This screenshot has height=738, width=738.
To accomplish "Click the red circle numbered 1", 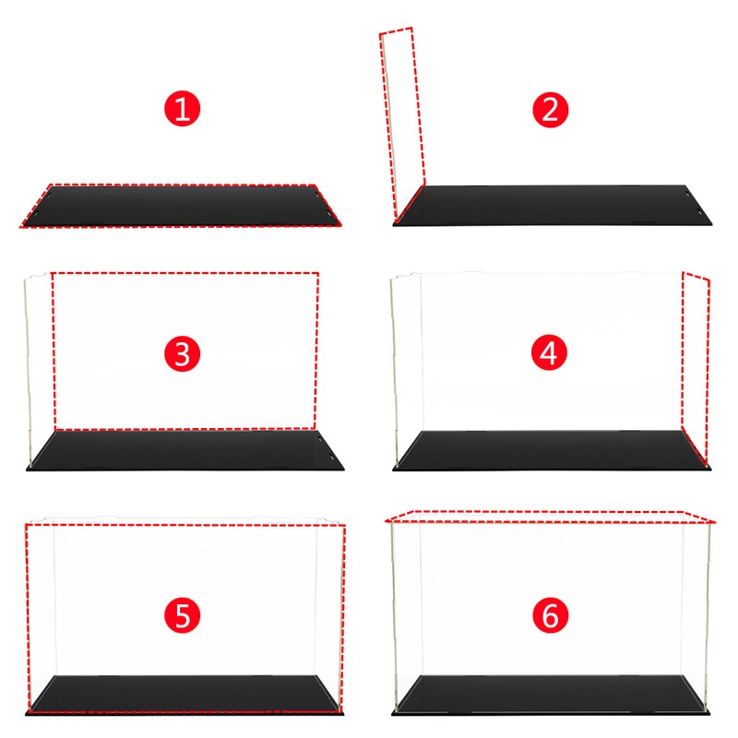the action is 182,109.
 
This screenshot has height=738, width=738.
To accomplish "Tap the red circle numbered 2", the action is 550,110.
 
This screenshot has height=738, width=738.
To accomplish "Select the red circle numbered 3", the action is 182,354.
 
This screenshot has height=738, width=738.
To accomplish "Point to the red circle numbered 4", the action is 549,353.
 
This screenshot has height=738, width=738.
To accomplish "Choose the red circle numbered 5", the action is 182,615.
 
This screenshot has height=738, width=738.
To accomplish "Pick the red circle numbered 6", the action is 550,615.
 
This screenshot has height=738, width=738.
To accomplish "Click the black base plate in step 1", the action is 182,206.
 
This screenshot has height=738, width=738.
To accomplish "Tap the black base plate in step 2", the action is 552,206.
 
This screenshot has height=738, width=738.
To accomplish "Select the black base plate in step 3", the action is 185,450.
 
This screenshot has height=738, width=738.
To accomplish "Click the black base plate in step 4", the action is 552,450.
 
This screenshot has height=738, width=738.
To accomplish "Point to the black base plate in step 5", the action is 184,696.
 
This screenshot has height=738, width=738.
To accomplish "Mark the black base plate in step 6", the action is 551,696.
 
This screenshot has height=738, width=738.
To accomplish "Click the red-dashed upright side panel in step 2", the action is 402,124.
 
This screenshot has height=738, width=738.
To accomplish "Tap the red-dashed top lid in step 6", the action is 550,517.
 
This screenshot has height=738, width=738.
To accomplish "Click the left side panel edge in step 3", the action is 28,372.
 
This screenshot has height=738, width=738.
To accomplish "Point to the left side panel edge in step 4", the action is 395,372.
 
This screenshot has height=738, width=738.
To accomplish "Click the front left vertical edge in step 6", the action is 395,616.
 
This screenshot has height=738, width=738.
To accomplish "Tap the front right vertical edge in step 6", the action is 708,616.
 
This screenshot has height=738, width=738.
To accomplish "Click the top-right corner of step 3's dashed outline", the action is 318,273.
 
